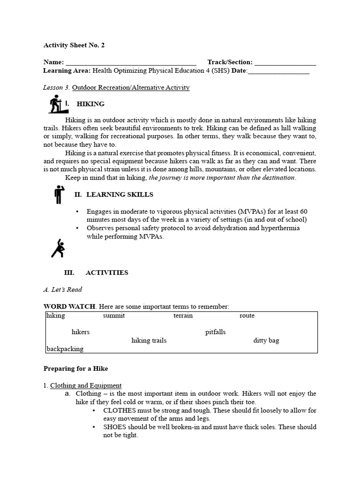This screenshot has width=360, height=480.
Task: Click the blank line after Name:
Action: pyautogui.click(x=131, y=63)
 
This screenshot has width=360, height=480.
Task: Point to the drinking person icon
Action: pyautogui.click(x=58, y=195)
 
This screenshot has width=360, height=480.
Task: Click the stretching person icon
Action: pyautogui.click(x=58, y=248)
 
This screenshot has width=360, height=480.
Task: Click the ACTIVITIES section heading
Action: pyautogui.click(x=106, y=273)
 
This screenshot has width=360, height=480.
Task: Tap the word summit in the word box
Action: pyautogui.click(x=114, y=316)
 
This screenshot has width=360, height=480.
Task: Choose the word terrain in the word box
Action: pyautogui.click(x=183, y=316)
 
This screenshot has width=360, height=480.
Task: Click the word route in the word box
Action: pyautogui.click(x=247, y=316)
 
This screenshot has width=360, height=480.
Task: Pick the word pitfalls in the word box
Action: pyautogui.click(x=215, y=332)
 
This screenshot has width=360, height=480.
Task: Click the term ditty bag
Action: pyautogui.click(x=266, y=341)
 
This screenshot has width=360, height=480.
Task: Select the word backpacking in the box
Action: pyautogui.click(x=65, y=349)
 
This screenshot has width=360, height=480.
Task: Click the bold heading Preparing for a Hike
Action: pyautogui.click(x=75, y=369)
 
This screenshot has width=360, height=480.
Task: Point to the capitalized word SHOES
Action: pyautogui.click(x=114, y=427)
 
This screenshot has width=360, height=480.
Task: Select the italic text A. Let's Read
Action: pyautogui.click(x=62, y=290)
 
